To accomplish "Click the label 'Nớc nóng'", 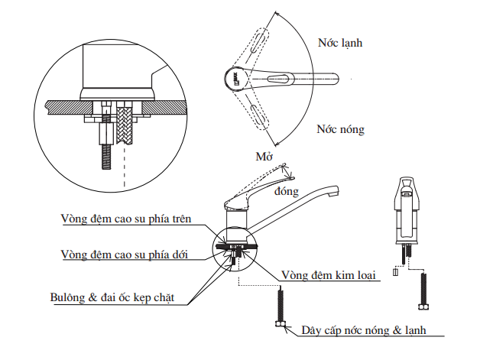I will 340,129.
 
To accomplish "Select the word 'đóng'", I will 284,191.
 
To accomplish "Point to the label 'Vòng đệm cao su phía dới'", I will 124,253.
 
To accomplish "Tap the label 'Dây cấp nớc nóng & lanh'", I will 362,330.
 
